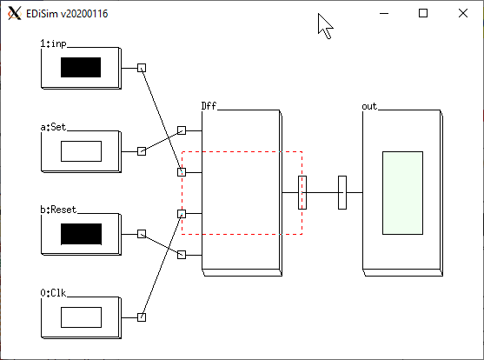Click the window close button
point(463,13)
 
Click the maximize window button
point(423,13)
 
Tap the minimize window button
point(384,14)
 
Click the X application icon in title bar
point(15,14)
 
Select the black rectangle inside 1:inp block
point(81,67)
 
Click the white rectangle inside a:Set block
point(81,151)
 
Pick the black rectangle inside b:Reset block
point(81,234)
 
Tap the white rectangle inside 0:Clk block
point(81,317)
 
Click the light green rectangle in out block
point(403,193)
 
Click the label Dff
point(209,106)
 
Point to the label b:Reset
point(58,210)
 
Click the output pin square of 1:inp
point(142,68)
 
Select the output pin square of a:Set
point(142,151)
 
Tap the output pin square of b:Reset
point(142,234)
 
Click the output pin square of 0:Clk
point(142,317)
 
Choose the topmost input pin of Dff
point(182,130)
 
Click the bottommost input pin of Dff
point(182,255)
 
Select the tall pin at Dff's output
point(302,192)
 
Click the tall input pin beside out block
point(342,192)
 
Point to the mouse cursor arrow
point(325,26)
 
